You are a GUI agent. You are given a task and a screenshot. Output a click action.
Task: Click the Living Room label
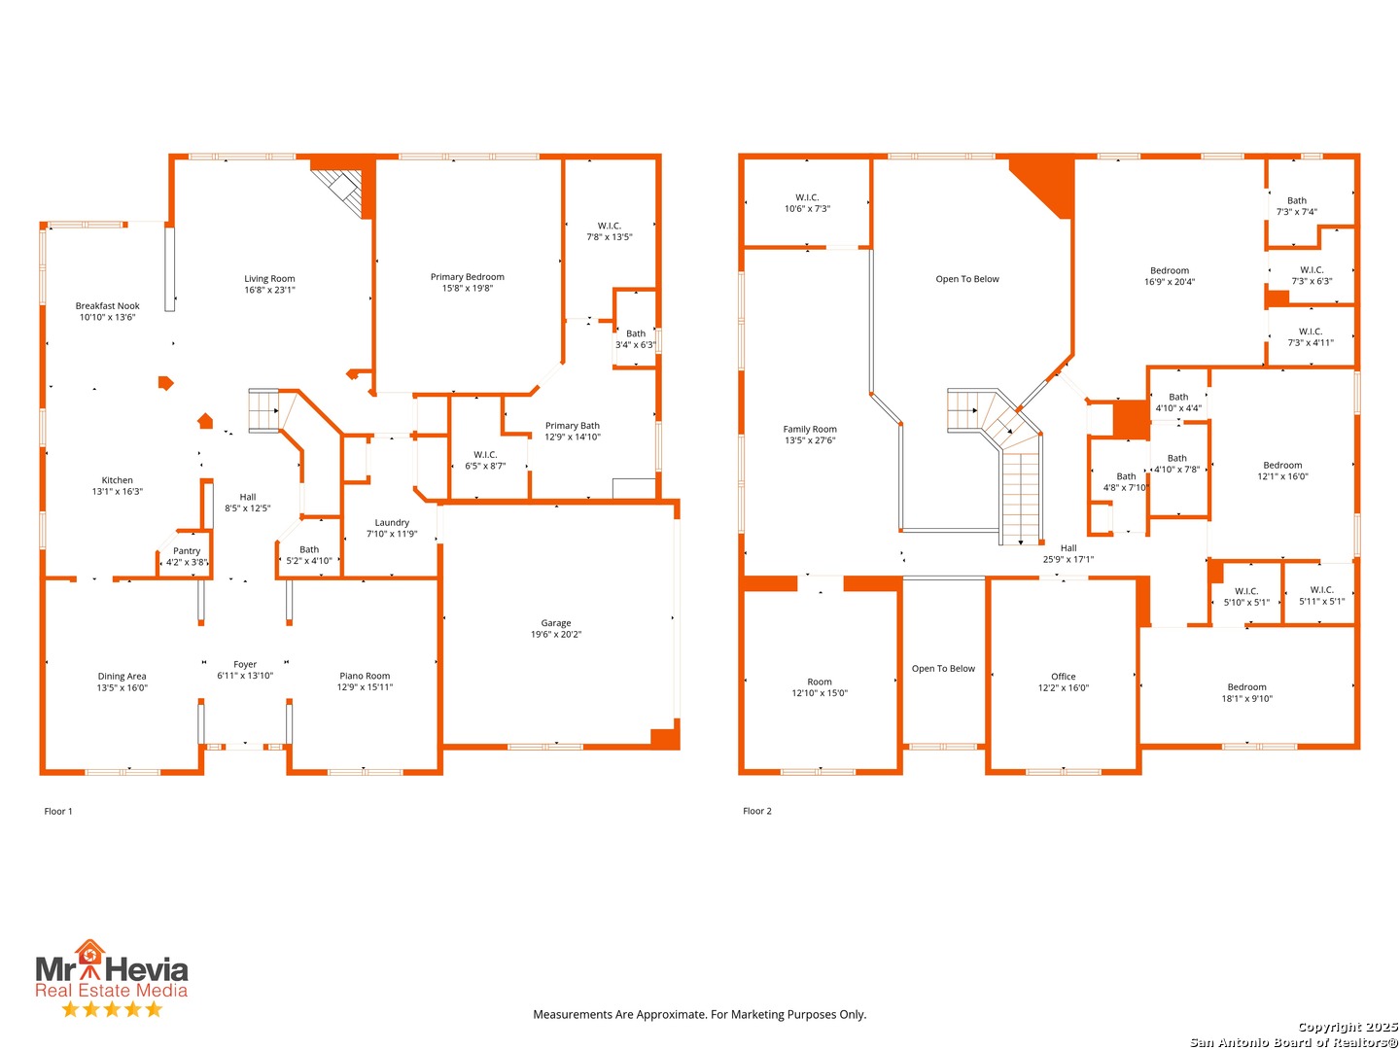tap(269, 279)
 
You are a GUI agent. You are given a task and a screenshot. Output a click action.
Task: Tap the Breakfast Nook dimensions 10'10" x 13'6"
tap(107, 317)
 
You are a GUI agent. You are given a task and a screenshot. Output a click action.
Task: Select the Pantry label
tap(187, 551)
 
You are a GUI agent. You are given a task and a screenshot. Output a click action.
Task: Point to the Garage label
tap(555, 623)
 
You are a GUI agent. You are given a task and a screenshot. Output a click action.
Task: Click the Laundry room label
tap(392, 522)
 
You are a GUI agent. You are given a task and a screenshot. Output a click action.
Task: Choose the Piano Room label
tap(365, 676)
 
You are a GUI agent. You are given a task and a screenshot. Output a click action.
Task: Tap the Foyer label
tap(245, 664)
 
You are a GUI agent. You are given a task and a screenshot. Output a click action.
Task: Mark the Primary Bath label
tap(572, 425)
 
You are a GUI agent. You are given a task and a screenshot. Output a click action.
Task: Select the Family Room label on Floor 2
tap(810, 429)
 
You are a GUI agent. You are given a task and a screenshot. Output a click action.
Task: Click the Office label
tap(1063, 677)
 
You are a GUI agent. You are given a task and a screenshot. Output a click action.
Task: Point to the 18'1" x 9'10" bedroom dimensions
tap(1246, 698)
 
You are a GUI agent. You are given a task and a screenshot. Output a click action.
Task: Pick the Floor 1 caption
tap(58, 811)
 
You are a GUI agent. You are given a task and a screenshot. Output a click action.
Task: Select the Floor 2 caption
tap(756, 811)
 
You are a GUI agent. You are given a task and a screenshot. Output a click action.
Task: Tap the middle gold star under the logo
tap(112, 1009)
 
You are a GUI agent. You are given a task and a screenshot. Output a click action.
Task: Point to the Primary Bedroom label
tap(467, 277)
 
